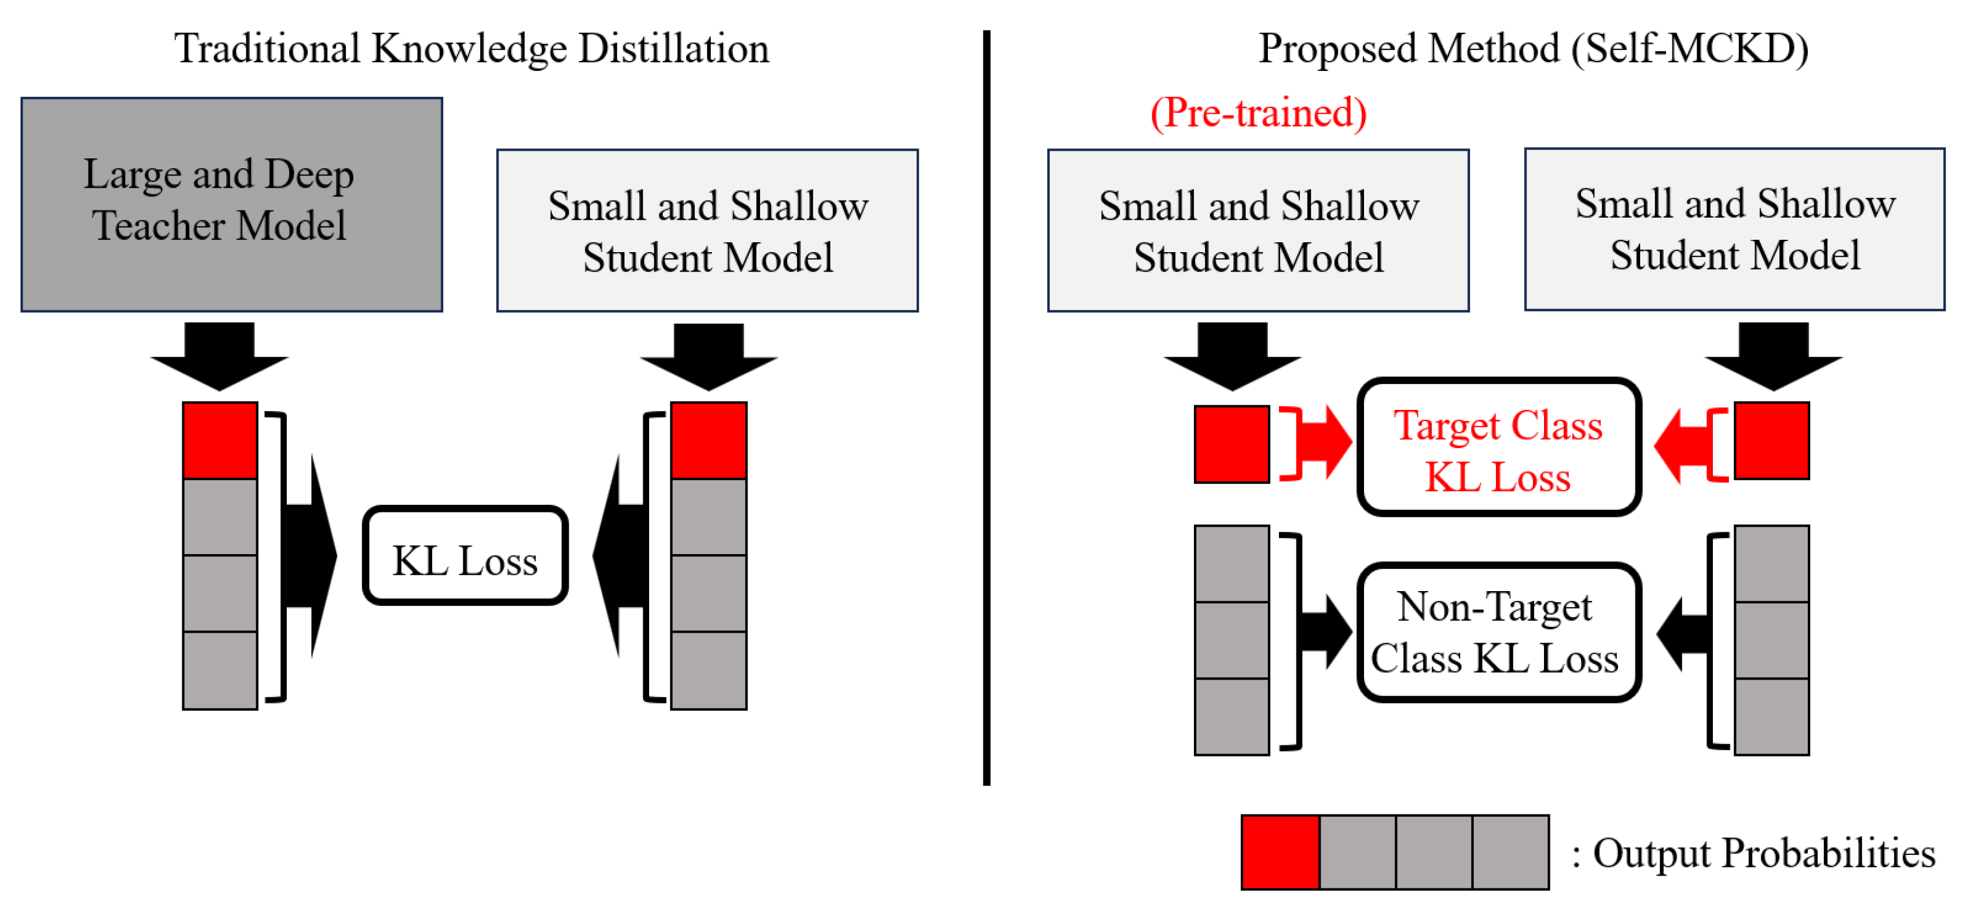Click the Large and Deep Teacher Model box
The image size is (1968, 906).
pyautogui.click(x=232, y=204)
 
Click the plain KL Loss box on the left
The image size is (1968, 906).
pyautogui.click(x=464, y=555)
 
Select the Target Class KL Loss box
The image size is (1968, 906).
pyautogui.click(x=1498, y=447)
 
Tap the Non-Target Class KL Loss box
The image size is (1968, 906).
pyautogui.click(x=1498, y=633)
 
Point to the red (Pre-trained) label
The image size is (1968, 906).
pyautogui.click(x=1258, y=113)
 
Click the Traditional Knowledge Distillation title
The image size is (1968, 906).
pyautogui.click(x=471, y=49)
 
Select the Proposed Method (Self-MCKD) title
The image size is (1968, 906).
pyautogui.click(x=1532, y=49)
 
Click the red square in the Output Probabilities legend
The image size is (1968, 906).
pyautogui.click(x=1280, y=852)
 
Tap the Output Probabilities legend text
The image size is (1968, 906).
pyautogui.click(x=1753, y=853)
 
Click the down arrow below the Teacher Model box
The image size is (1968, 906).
pyautogui.click(x=219, y=355)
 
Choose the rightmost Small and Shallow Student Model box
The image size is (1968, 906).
pyautogui.click(x=1734, y=229)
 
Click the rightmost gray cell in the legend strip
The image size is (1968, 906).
pyautogui.click(x=1511, y=852)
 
